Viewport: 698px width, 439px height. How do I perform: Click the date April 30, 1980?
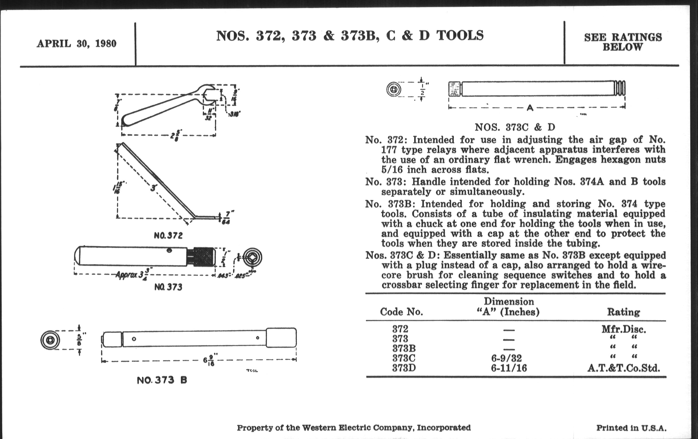(77, 44)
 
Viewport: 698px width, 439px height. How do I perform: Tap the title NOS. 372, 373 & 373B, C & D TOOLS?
(350, 36)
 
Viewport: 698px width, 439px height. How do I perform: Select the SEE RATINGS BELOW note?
(623, 42)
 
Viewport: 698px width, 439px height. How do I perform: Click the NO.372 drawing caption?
(168, 235)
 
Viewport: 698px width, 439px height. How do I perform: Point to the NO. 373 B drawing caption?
(162, 380)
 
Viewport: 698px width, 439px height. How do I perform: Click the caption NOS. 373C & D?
(515, 127)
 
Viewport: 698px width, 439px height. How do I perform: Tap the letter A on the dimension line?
(530, 108)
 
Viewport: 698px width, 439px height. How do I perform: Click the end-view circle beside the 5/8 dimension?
(50, 340)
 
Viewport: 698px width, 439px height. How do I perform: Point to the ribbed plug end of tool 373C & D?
(619, 88)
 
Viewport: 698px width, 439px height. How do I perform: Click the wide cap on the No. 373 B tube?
(281, 337)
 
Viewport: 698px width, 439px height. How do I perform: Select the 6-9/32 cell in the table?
(506, 358)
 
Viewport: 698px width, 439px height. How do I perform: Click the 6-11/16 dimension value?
(509, 368)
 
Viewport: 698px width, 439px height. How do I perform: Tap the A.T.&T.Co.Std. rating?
(623, 368)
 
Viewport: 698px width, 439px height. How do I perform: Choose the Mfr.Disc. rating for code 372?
(623, 329)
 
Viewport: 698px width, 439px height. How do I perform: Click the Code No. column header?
(401, 312)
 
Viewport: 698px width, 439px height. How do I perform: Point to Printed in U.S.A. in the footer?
(631, 428)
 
